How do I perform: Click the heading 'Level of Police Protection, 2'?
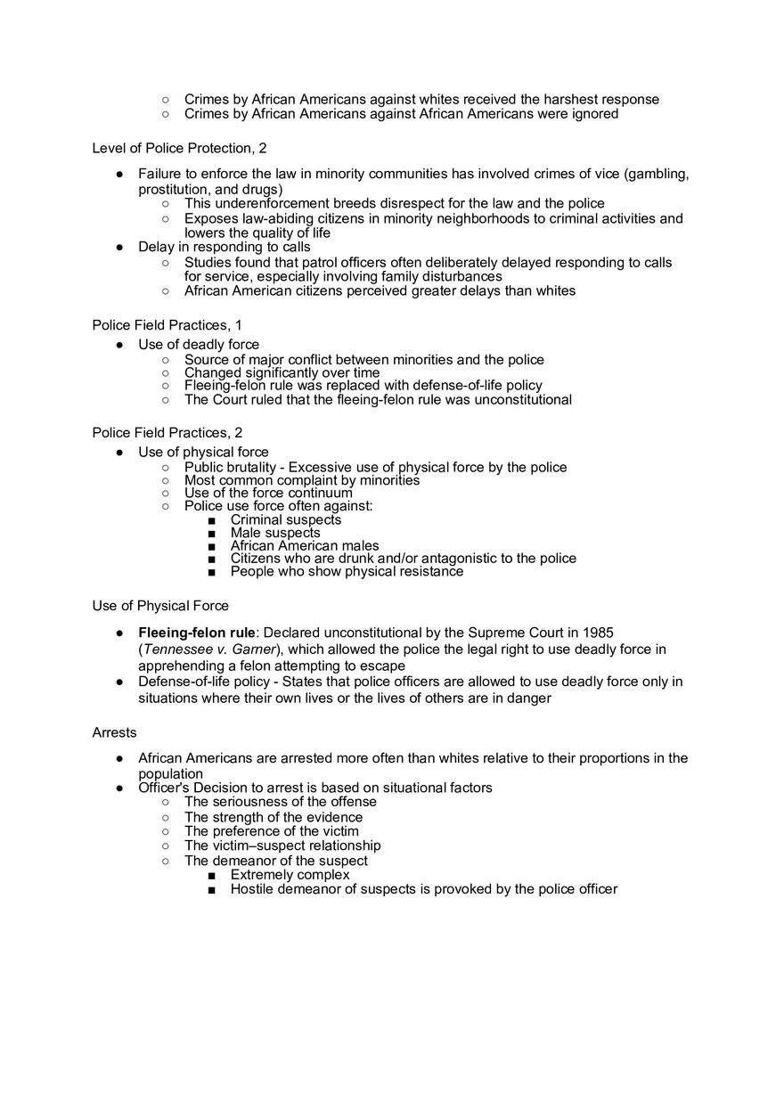(x=179, y=148)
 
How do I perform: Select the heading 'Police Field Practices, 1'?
(x=167, y=325)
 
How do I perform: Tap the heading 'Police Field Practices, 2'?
(x=167, y=432)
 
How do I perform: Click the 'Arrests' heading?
(x=114, y=732)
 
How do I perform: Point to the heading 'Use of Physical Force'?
(x=160, y=606)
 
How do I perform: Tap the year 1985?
(x=597, y=633)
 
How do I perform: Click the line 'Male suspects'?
(x=275, y=533)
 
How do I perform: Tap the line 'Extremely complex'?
(x=290, y=875)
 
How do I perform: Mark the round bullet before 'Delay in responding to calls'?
(x=119, y=247)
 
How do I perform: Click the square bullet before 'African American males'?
(x=210, y=546)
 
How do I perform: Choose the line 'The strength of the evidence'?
(x=274, y=817)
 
